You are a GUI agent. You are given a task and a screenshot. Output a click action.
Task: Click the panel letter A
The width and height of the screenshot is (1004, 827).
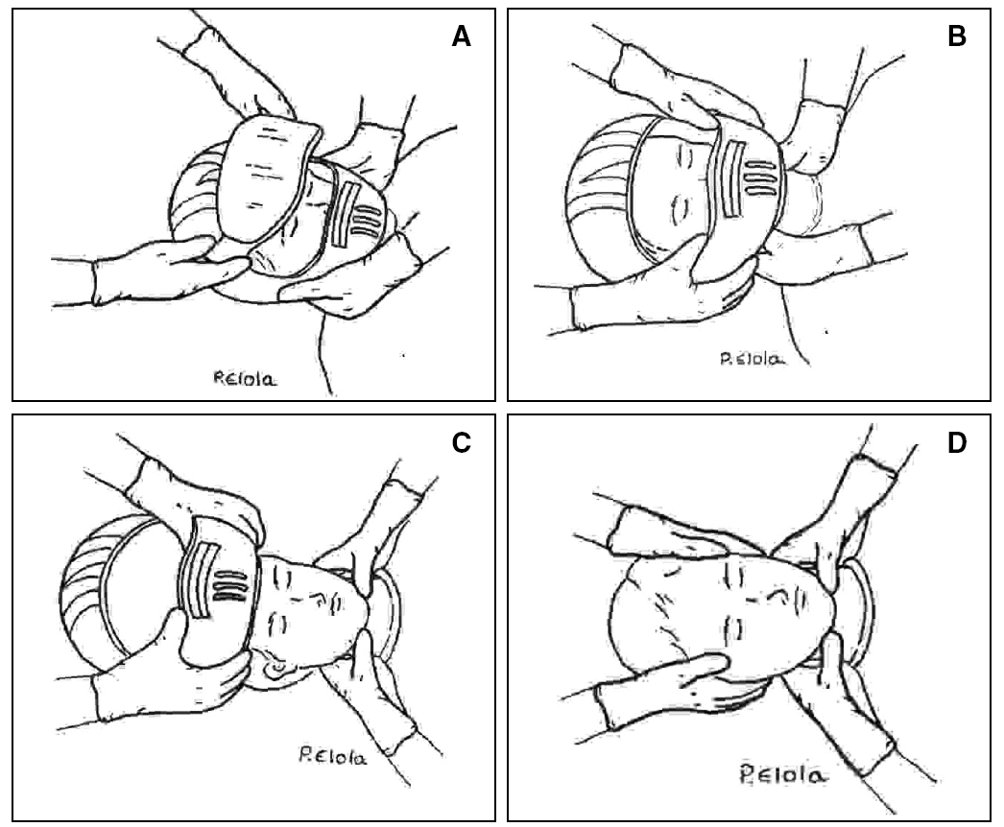tap(462, 37)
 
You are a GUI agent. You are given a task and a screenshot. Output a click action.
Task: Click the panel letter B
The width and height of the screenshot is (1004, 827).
tap(957, 37)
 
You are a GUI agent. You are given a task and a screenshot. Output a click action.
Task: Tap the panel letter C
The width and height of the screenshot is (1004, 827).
tap(462, 443)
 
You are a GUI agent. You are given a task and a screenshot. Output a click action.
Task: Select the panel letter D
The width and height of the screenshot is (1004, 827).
tap(957, 444)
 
